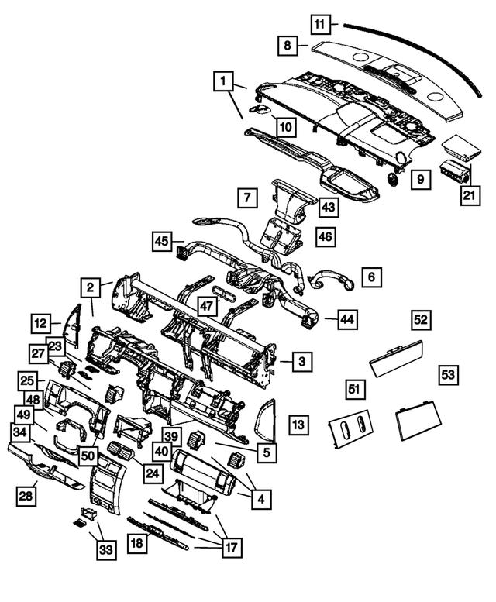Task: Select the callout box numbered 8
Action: pos(288,46)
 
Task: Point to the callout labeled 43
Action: pos(329,207)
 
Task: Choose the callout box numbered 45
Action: pos(161,242)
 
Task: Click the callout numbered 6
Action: pos(371,277)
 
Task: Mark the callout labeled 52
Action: pos(421,319)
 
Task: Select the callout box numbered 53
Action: pos(448,374)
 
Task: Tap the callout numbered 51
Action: pos(355,389)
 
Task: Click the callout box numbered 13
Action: pos(299,424)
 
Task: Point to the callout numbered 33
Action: pos(104,551)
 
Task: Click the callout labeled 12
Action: pos(41,322)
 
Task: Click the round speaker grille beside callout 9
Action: pos(393,179)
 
